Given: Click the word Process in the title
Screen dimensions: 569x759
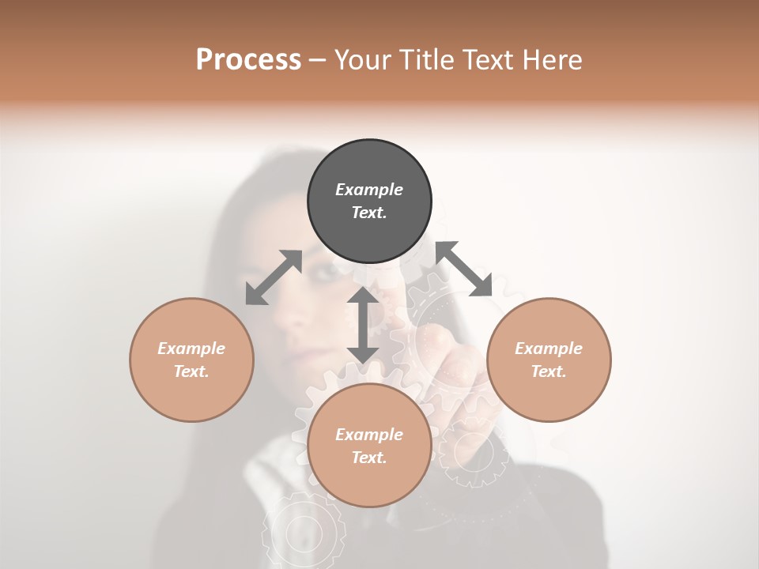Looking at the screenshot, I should pos(248,59).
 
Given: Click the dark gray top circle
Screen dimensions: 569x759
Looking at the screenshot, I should pos(369,201).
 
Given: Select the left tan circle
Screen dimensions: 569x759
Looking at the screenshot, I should pos(191,360).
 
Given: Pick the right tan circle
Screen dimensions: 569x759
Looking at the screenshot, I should pos(549,360).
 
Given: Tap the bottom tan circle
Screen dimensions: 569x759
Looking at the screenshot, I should pos(369,445).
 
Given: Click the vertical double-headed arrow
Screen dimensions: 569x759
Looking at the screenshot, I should pos(362,325).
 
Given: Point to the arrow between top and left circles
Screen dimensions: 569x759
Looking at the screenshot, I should pos(274,277).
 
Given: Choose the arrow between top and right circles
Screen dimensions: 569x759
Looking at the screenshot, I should pos(463,269).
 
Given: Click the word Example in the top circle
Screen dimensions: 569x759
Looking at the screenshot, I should pos(369,190).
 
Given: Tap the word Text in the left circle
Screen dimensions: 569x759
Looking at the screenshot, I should pos(191,371).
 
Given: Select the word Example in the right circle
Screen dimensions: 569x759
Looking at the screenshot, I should pos(549,349).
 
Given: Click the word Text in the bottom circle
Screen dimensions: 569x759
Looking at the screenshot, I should pos(369,458).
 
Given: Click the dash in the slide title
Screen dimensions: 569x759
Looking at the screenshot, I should pos(317,60).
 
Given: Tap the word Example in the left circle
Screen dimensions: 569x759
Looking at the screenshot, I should pos(191,349).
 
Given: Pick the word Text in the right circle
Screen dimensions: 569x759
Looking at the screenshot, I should pos(549,371).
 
